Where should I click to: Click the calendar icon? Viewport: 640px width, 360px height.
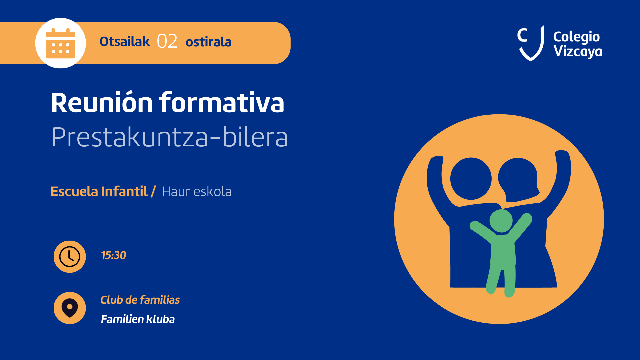coord(60,43)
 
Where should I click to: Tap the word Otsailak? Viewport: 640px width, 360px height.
coord(125,42)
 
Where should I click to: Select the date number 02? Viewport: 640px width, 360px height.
coord(167,42)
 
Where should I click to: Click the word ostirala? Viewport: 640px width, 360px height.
coord(209,42)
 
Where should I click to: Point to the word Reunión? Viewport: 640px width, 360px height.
coord(102,102)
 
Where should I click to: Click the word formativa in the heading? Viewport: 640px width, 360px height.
coord(222,102)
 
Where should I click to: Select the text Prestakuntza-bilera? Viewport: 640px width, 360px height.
coord(169,137)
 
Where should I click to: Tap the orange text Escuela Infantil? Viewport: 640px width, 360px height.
coord(99,191)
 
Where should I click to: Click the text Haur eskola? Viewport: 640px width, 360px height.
coord(197,192)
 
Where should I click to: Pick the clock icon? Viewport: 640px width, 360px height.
coord(70,257)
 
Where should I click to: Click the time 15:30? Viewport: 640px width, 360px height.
coord(114,255)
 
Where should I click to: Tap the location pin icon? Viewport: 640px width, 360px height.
coord(70,308)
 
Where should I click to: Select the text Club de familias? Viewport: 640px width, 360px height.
coord(140,300)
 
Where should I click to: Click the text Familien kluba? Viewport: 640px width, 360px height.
coord(138,319)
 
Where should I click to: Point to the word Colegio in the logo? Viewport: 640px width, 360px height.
coord(576,37)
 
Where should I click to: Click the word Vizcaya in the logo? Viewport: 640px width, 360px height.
coord(578,52)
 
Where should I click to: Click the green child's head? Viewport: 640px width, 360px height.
coord(501,221)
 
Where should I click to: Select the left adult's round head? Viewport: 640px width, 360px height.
coord(471,179)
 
